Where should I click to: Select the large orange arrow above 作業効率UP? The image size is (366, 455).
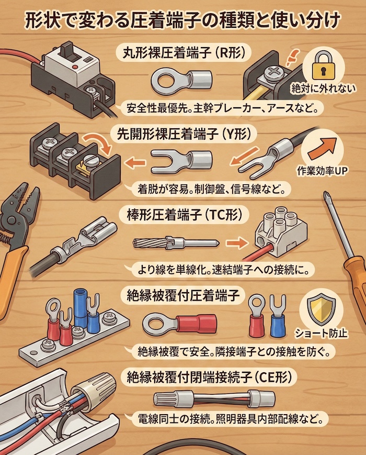click(329, 147)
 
